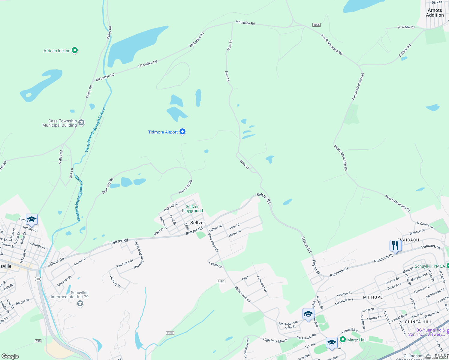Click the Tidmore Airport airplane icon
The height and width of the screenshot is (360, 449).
pos(182,132)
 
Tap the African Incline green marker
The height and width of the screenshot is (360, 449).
pos(75,50)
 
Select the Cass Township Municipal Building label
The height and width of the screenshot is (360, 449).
pos(59,123)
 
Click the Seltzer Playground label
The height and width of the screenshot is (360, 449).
pos(192,208)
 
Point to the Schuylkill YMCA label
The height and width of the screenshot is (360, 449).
pos(429,266)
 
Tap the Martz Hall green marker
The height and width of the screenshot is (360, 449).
pos(343,340)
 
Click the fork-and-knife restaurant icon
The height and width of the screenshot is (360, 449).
pos(395,246)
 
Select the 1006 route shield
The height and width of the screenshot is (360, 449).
pos(316,25)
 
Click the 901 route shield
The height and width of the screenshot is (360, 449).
pos(38,279)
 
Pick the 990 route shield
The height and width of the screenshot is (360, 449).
pos(38,341)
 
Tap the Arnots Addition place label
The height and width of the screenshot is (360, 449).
pos(435,13)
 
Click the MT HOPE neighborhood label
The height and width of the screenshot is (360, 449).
pos(373,297)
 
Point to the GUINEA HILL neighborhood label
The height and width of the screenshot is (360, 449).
pos(418,322)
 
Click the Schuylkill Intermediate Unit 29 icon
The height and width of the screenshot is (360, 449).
pos(80,304)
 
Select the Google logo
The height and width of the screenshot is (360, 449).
pos(10,356)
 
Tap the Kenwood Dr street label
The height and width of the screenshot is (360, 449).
pos(262,283)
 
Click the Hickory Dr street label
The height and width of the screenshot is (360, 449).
pos(115,282)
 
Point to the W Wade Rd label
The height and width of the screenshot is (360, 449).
pos(406,27)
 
